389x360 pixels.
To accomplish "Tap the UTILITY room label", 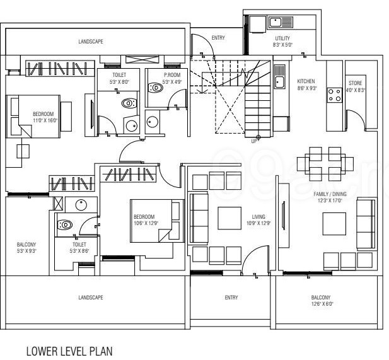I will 282,39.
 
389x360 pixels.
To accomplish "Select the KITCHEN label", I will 306,81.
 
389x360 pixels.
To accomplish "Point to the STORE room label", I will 355,83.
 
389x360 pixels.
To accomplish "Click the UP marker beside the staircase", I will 255,141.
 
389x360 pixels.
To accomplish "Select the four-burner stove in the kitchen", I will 333,95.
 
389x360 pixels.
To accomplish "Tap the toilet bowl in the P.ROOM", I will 154,88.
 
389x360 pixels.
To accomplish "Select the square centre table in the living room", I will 229,218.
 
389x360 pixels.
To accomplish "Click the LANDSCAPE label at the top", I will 91,41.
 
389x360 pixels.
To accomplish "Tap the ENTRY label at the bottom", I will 231,298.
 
